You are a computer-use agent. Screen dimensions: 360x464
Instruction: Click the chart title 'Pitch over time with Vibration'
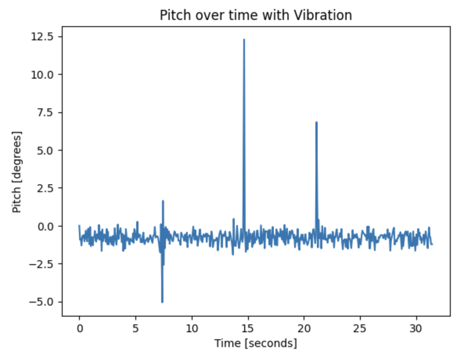click(256, 15)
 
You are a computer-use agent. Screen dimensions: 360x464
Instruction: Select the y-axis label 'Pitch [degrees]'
click(17, 172)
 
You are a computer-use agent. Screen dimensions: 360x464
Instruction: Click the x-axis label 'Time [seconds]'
click(256, 344)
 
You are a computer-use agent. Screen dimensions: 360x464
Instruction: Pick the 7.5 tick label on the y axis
click(45, 113)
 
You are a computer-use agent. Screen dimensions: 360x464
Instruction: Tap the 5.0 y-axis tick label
click(45, 151)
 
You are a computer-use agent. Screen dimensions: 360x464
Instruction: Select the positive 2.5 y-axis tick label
click(45, 188)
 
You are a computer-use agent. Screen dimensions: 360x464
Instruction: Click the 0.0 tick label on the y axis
click(45, 226)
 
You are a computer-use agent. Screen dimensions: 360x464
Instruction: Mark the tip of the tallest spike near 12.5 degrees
click(244, 40)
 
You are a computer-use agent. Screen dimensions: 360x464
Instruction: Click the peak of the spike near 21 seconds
click(316, 122)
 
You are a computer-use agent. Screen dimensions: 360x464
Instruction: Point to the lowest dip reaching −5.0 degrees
click(162, 302)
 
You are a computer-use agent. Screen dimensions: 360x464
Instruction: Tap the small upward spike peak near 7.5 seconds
click(163, 201)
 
